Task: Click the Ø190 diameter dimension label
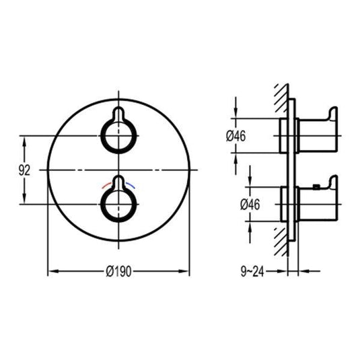click(x=118, y=272)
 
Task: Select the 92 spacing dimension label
click(x=24, y=170)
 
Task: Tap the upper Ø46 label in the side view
click(x=236, y=136)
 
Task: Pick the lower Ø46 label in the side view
click(x=250, y=205)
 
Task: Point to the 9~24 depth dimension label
click(x=252, y=272)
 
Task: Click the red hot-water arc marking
click(x=106, y=185)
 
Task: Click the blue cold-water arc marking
click(x=130, y=185)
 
